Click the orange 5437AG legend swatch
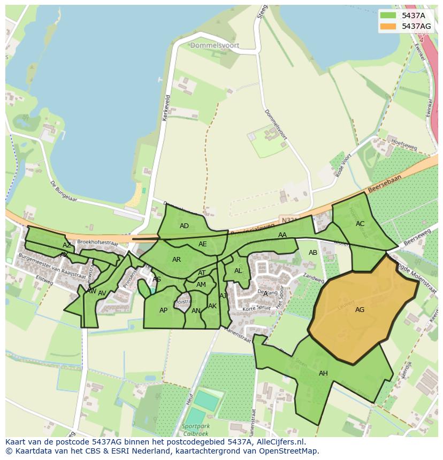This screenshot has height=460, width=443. pos(388,26)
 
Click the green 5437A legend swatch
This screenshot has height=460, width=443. pos(388,15)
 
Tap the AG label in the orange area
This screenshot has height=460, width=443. pos(360,310)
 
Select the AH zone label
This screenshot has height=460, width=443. pos(323,373)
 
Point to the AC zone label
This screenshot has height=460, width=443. pos(360,224)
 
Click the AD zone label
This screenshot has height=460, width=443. pos(184,226)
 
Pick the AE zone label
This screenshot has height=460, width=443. pos(202,244)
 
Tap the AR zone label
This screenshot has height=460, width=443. pos(177,260)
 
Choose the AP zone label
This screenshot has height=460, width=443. pos(163,310)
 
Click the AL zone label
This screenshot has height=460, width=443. pos(238,271)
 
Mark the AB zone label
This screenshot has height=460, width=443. pos(313,253)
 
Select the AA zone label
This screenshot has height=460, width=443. pos(282,235)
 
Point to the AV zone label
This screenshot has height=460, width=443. pos(102,293)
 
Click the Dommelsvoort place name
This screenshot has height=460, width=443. pos(215,46)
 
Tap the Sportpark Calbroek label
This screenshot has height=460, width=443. pos(196,430)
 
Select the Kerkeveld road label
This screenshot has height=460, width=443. pos(166,108)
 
